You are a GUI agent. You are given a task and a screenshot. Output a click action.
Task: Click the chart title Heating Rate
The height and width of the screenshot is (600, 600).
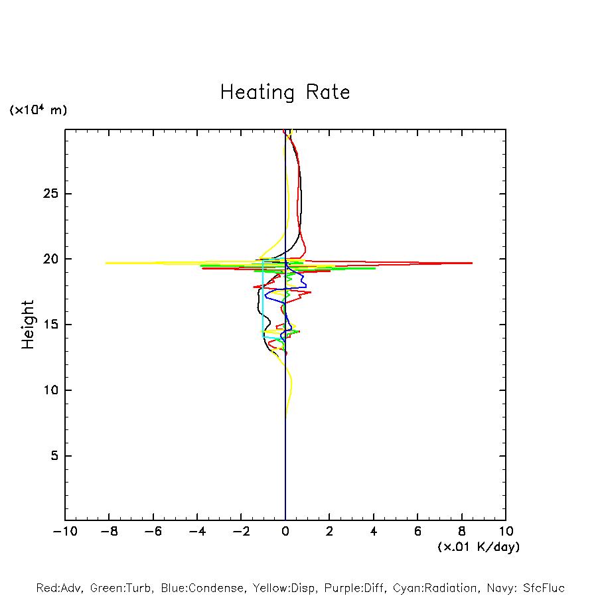[285, 92]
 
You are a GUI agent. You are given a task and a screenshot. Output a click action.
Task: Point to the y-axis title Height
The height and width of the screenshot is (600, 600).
[28, 325]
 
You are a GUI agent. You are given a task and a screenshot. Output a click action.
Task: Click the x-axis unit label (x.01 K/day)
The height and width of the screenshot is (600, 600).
[478, 547]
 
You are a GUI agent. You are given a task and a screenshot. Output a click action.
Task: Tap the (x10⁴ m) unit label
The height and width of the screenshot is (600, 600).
[38, 110]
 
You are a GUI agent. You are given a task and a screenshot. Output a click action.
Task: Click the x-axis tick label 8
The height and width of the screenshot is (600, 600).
[461, 531]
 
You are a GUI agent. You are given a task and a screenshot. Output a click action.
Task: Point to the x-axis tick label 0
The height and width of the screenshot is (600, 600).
[285, 531]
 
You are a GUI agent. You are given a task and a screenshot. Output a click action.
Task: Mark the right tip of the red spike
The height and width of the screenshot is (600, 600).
[472, 263]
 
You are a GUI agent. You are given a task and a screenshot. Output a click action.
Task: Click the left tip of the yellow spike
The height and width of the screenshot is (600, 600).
[105, 263]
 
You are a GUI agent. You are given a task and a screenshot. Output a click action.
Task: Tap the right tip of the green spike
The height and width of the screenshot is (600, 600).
[376, 268]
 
